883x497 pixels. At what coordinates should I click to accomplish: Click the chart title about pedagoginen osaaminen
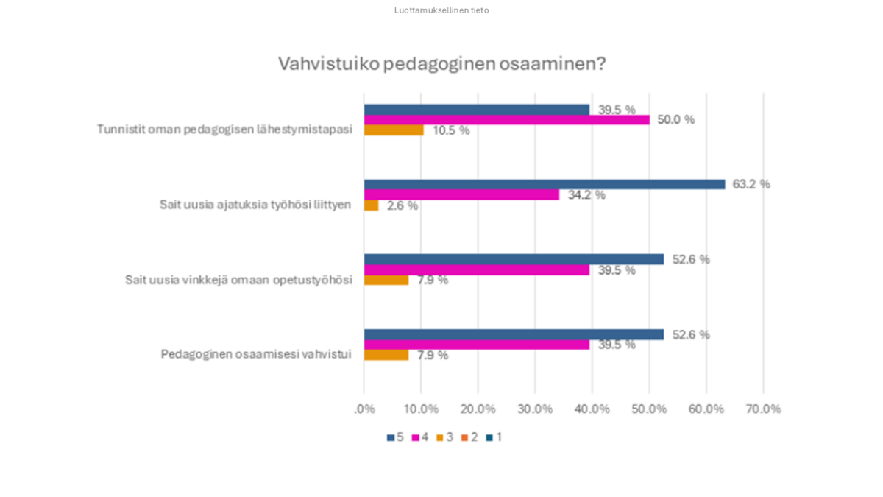click(x=441, y=64)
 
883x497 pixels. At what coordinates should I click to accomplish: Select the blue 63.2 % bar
click(x=545, y=184)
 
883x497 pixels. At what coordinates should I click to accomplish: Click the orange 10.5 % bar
click(x=394, y=130)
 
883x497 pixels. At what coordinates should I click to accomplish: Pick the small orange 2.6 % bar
click(x=371, y=205)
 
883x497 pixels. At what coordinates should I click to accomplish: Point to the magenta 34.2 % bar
click(x=461, y=195)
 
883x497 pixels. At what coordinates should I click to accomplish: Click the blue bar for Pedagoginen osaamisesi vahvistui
click(x=514, y=334)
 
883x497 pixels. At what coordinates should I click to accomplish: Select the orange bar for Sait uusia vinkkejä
click(x=386, y=280)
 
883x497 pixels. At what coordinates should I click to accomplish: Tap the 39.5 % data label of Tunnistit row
click(x=616, y=110)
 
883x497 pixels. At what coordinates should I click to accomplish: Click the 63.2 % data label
click(x=751, y=184)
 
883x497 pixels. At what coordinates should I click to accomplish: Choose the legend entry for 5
click(x=395, y=437)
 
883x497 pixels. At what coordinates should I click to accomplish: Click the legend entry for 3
click(x=444, y=437)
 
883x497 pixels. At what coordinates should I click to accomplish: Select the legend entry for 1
click(x=494, y=437)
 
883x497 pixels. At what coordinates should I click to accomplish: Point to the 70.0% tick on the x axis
click(x=763, y=409)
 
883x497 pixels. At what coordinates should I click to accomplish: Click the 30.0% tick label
click(x=535, y=409)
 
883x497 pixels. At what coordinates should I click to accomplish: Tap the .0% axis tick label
click(x=364, y=409)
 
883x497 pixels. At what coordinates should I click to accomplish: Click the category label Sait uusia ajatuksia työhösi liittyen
click(x=255, y=205)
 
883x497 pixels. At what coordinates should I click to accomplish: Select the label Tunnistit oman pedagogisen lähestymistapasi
click(x=224, y=130)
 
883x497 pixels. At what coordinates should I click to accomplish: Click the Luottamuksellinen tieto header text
click(x=441, y=10)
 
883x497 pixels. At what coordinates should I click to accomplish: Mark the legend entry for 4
click(x=420, y=437)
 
